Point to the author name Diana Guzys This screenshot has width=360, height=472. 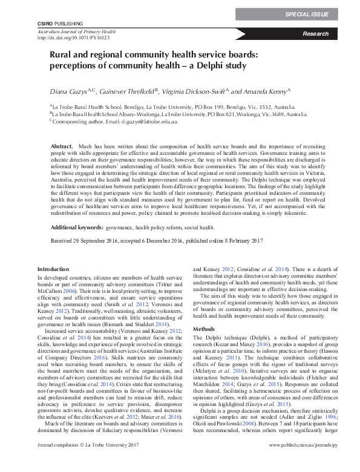click(64, 91)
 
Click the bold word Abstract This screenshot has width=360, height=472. click(61, 147)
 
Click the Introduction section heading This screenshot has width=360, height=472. click(53, 269)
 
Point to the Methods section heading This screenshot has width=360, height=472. click(203, 328)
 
